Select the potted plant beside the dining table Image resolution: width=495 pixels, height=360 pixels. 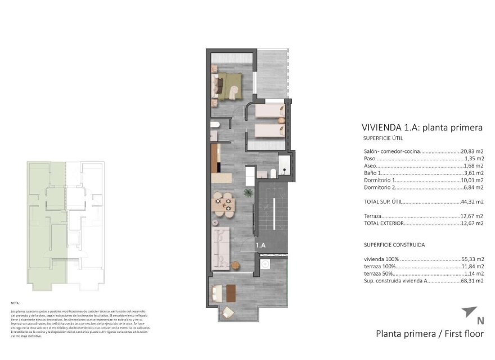(x=247, y=193)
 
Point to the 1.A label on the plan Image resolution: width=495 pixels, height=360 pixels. (x=260, y=245)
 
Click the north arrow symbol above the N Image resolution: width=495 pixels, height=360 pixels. (x=469, y=311)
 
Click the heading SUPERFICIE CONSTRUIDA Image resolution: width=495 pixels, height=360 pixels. (x=394, y=245)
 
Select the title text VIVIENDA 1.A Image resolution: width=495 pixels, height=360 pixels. (x=390, y=128)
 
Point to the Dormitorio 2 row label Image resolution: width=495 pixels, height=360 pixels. (x=380, y=187)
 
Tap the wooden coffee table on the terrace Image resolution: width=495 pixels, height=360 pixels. (x=231, y=291)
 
